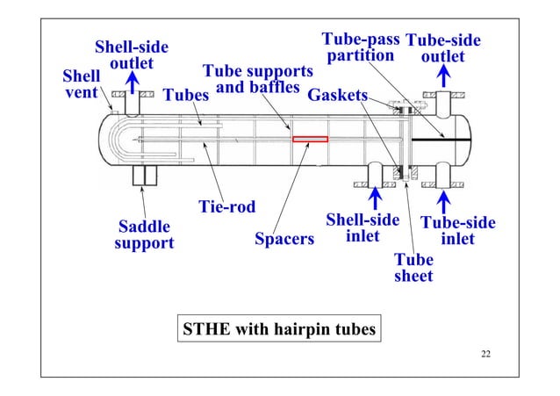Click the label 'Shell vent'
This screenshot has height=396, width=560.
[82, 84]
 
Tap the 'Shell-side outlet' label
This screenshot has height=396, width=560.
[132, 54]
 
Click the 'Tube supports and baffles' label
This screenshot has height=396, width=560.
[257, 79]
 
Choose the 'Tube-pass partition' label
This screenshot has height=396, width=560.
[361, 47]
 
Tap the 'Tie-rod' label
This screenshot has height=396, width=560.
[226, 207]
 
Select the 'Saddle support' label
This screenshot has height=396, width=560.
[144, 234]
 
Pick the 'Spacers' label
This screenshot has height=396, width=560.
[284, 239]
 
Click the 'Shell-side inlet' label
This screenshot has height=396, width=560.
[363, 228]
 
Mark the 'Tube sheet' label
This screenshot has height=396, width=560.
[413, 268]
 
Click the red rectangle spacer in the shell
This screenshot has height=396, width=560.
[309, 139]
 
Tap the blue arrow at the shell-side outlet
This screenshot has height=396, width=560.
[133, 83]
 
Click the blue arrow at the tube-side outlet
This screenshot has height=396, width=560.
[444, 77]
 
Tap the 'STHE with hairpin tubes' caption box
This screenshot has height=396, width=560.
[278, 330]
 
